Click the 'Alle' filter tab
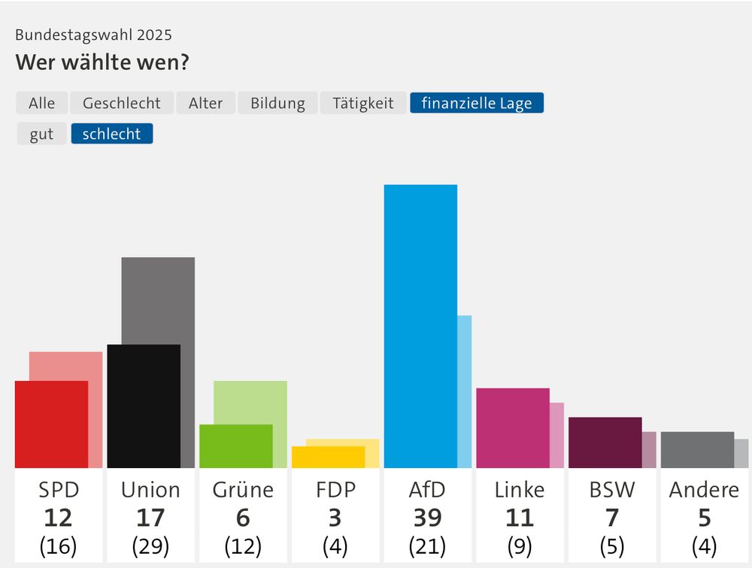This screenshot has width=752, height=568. (x=42, y=103)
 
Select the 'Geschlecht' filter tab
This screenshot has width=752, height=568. (x=122, y=103)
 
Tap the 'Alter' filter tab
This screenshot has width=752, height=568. (x=205, y=103)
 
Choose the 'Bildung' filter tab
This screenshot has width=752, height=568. (x=277, y=103)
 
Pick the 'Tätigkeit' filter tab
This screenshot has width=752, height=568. (x=363, y=103)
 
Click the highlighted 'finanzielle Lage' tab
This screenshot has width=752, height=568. (x=476, y=103)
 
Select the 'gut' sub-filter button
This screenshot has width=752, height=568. (x=42, y=134)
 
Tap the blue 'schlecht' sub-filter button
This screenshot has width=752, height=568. (x=111, y=134)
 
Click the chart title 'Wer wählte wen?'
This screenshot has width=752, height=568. (x=102, y=62)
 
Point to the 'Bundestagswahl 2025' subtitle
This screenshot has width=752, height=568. (x=93, y=35)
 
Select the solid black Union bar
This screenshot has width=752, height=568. (x=144, y=406)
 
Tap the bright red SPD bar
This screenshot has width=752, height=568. (x=51, y=424)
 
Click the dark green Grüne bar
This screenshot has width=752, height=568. (x=235, y=446)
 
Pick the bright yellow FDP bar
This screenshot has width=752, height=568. (x=328, y=457)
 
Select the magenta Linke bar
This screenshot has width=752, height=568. (x=513, y=428)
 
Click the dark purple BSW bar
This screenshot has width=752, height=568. (x=605, y=443)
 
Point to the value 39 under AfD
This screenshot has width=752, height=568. (x=427, y=518)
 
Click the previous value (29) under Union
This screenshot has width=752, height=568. (x=150, y=545)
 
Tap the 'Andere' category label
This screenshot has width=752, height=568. (x=704, y=490)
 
